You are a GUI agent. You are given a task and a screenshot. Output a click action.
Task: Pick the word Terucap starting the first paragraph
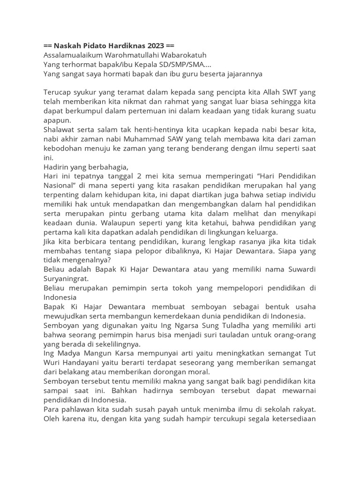[57, 92]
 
